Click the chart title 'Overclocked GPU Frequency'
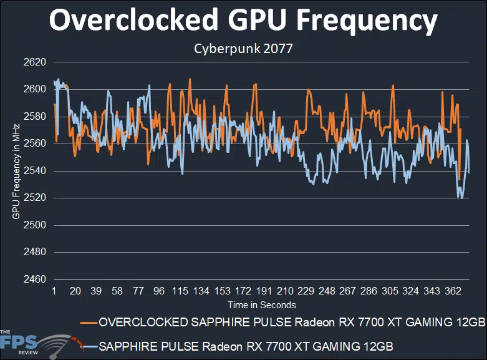[x=243, y=22]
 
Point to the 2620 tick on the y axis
[x=36, y=62]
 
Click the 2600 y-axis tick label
[x=36, y=89]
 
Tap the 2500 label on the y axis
[x=36, y=225]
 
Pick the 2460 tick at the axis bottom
[x=36, y=280]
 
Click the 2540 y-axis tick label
[x=36, y=171]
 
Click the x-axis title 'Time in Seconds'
[x=261, y=305]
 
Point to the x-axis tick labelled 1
[x=55, y=292]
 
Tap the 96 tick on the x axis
[x=159, y=292]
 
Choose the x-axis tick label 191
[x=263, y=292]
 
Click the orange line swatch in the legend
[x=88, y=322]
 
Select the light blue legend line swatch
[x=88, y=345]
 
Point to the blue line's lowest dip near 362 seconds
[x=461, y=198]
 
